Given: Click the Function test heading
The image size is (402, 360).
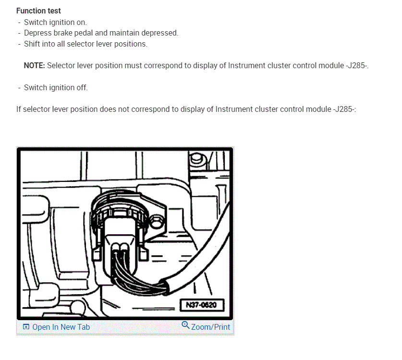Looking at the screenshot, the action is pyautogui.click(x=38, y=11).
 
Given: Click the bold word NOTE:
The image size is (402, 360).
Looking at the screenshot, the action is pyautogui.click(x=35, y=66).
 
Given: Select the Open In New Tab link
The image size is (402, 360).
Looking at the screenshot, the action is pyautogui.click(x=61, y=327).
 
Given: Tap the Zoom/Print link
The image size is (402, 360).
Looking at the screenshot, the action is pyautogui.click(x=210, y=327).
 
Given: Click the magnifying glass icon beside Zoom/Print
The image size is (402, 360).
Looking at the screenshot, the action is pyautogui.click(x=185, y=325).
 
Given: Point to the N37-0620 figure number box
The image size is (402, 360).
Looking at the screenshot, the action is pyautogui.click(x=202, y=305).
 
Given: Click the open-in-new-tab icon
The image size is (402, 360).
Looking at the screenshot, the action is pyautogui.click(x=26, y=327).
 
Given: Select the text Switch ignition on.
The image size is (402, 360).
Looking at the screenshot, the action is pyautogui.click(x=55, y=22).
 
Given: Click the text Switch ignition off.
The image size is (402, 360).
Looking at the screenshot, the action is pyautogui.click(x=56, y=88).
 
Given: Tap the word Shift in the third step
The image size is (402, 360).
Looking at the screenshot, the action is pyautogui.click(x=32, y=44).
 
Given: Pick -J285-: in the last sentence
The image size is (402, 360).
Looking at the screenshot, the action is pyautogui.click(x=344, y=109).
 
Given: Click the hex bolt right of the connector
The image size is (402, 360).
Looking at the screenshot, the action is pyautogui.click(x=156, y=221).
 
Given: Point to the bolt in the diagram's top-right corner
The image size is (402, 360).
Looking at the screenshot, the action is pyautogui.click(x=196, y=158).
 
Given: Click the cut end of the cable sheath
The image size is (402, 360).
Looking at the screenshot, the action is pyautogui.click(x=165, y=287).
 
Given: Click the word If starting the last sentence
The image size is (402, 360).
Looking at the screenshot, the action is pyautogui.click(x=18, y=109).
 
